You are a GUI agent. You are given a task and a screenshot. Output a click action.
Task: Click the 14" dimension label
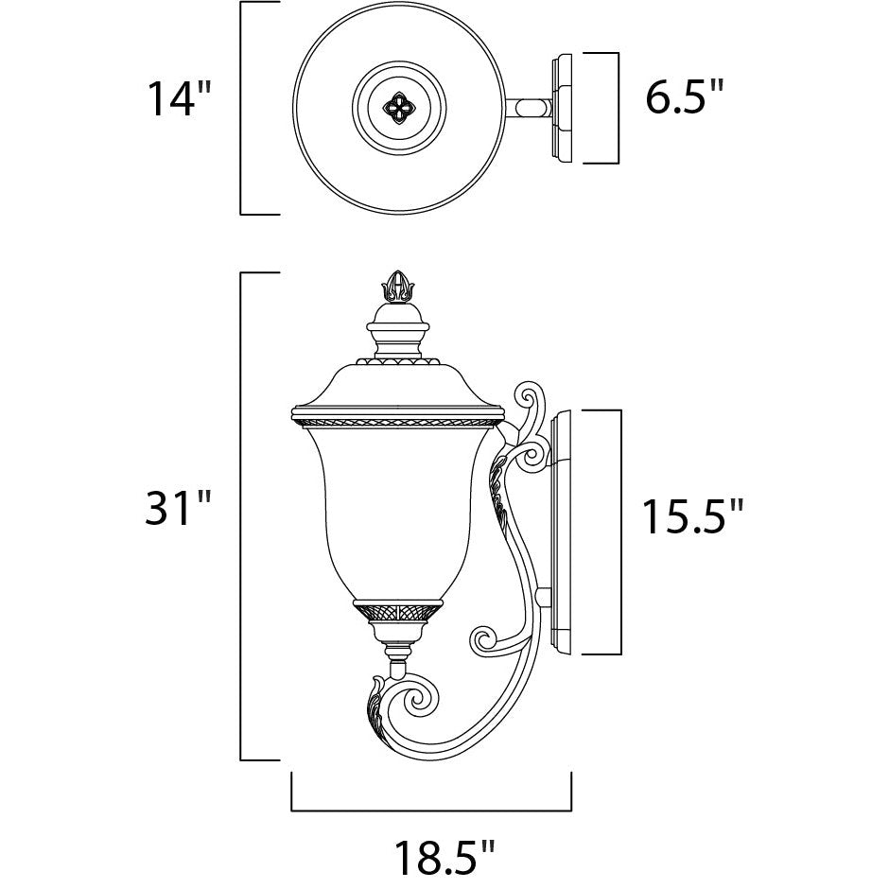[x=177, y=99]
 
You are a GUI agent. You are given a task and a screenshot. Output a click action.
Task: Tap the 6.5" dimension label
[x=685, y=97]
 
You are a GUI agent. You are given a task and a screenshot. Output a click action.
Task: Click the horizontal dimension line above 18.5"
[x=431, y=810]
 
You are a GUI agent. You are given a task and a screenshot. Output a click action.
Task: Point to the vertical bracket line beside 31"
[x=242, y=515]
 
